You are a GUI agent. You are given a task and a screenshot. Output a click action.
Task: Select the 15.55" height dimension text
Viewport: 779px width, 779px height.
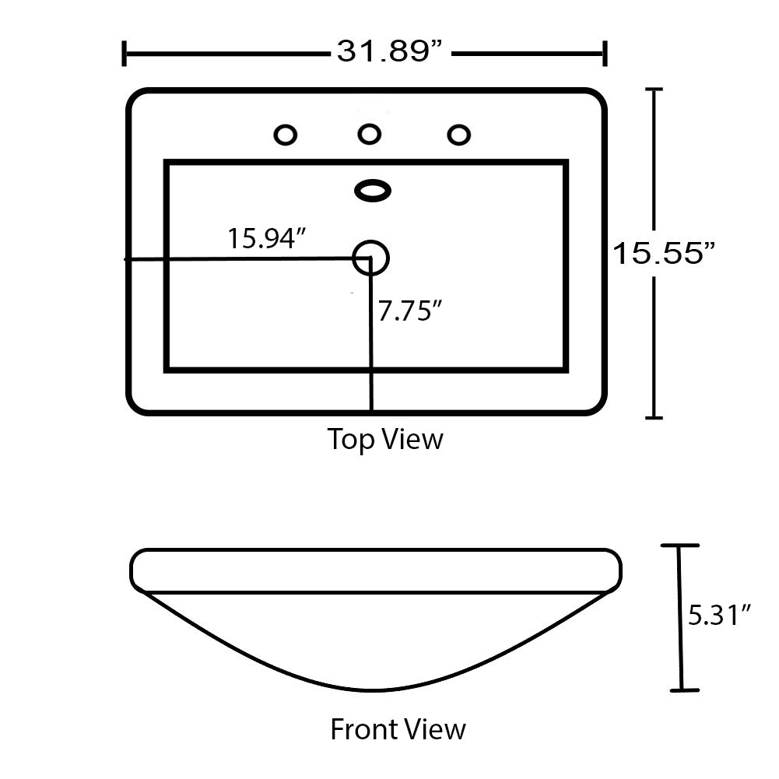tap(664, 253)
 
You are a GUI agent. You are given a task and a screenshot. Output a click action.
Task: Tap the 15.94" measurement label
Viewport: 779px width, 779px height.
tap(264, 238)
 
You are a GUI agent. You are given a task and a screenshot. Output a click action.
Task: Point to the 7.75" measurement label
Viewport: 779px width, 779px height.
tap(410, 311)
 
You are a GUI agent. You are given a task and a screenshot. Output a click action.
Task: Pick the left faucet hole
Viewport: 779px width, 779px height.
tap(286, 135)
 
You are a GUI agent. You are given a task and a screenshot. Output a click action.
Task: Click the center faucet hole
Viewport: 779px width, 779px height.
tap(370, 135)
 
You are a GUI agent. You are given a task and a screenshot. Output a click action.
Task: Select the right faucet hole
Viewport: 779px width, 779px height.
tap(459, 135)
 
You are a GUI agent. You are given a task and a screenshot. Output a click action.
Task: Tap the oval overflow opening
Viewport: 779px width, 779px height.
tap(373, 190)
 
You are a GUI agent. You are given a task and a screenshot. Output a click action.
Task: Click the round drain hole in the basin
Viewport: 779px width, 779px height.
tap(370, 257)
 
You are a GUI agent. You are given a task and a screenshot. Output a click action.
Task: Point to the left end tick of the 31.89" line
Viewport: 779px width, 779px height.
tap(125, 54)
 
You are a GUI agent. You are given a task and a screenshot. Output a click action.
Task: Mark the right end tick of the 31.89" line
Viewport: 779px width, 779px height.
tap(605, 54)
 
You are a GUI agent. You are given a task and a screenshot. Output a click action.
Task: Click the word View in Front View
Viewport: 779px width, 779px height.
tap(439, 730)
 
